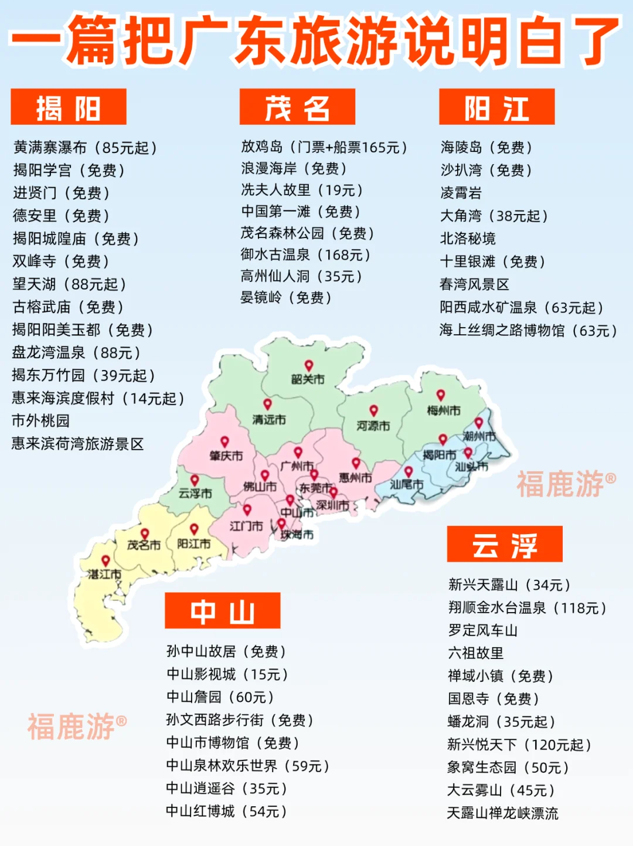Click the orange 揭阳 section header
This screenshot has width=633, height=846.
pos(69,107)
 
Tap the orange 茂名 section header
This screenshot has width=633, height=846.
pos(297,107)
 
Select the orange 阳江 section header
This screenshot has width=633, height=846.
pos(496,107)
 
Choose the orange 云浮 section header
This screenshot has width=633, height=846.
pos(504,545)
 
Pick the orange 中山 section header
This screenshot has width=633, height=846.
pos(222,611)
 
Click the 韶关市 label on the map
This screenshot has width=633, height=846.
pos(308,379)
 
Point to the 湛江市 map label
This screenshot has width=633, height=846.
pos(104,574)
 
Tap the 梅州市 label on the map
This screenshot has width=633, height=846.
pos(443,410)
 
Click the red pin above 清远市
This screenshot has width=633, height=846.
pos(267,404)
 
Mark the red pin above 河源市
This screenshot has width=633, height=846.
pos(373,410)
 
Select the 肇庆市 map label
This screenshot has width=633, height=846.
pos(226,456)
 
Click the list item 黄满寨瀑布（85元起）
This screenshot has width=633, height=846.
pos(86,147)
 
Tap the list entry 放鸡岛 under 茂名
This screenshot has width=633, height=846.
pos(324,147)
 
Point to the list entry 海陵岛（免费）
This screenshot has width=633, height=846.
pos(486,147)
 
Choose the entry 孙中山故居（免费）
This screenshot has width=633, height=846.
pos(226,651)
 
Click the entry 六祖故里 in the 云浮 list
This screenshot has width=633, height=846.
pos(475,653)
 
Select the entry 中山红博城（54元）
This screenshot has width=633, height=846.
pos(226,811)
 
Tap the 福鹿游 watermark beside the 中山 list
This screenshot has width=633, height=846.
pos(77,727)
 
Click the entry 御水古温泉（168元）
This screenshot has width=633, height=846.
pos(305,254)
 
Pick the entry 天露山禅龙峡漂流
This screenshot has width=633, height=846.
pos(502,813)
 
